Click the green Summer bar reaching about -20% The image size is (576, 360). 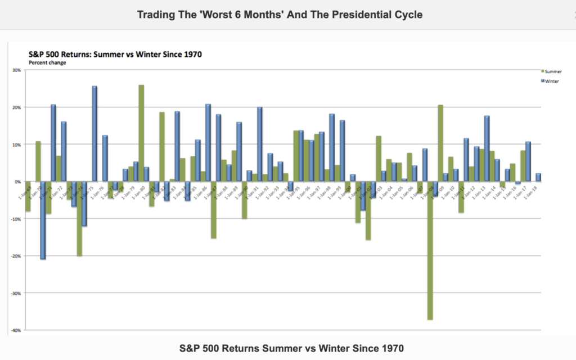(x=79, y=219)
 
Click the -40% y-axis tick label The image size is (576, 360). (x=15, y=330)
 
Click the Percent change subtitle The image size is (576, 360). (x=47, y=62)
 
